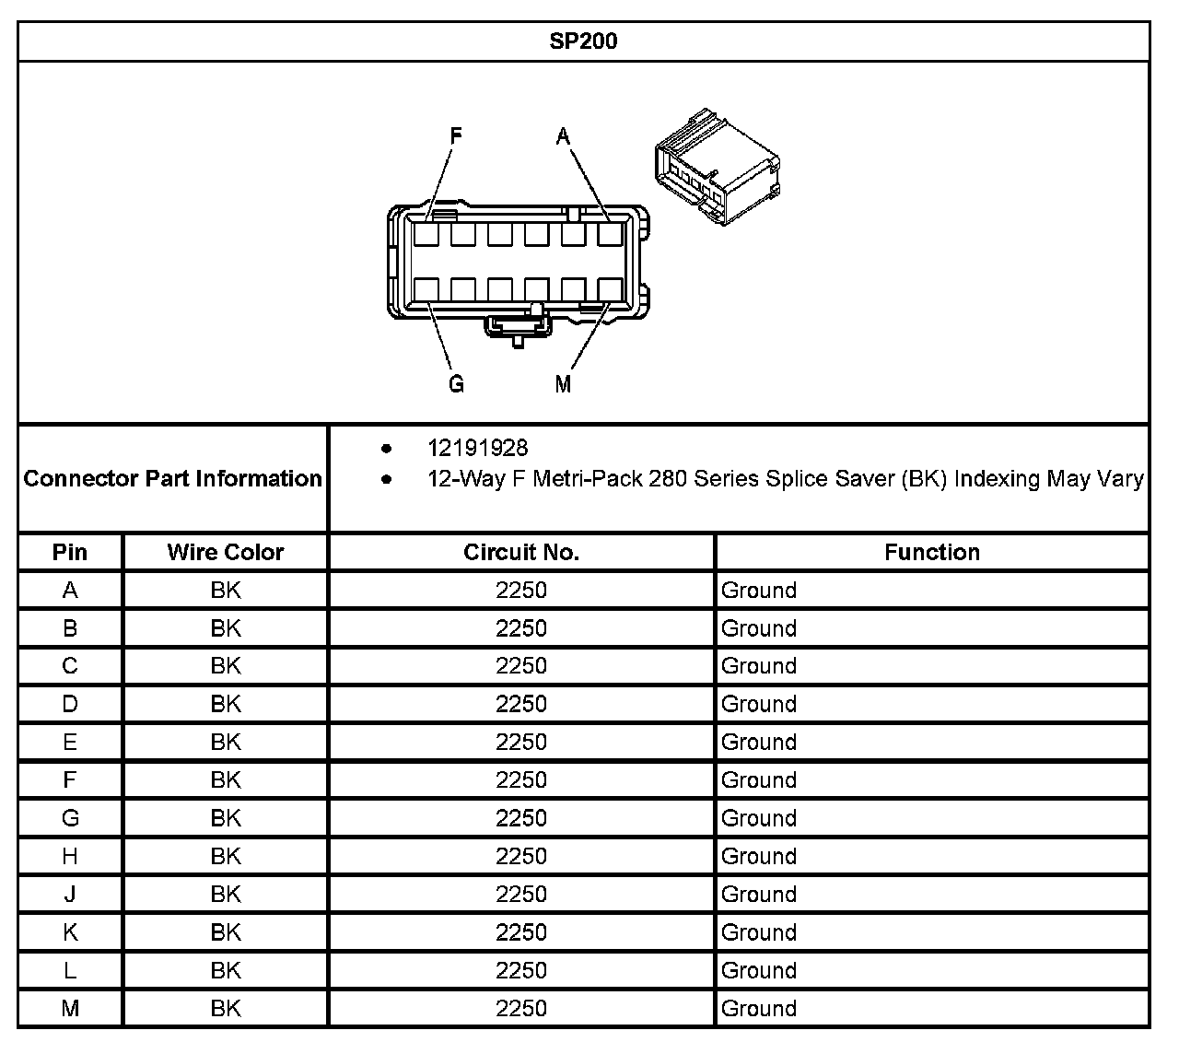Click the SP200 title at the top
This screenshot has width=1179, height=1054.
pyautogui.click(x=583, y=41)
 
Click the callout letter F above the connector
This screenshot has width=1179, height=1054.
pyautogui.click(x=456, y=136)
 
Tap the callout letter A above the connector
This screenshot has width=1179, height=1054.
pyautogui.click(x=563, y=136)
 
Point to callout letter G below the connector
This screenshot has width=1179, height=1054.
pyautogui.click(x=456, y=384)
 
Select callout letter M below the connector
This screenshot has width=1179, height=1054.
pyautogui.click(x=563, y=384)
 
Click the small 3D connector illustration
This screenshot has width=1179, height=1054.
pyautogui.click(x=716, y=166)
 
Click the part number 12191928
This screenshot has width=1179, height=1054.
pyautogui.click(x=477, y=449)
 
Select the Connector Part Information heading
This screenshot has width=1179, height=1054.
pyautogui.click(x=172, y=478)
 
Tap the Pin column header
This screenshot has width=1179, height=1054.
pyautogui.click(x=70, y=552)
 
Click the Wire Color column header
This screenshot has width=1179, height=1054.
pyautogui.click(x=225, y=552)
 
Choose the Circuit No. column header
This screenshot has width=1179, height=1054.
pyautogui.click(x=520, y=552)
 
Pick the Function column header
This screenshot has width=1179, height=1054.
pyautogui.click(x=931, y=552)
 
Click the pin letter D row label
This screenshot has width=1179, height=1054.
pyautogui.click(x=70, y=705)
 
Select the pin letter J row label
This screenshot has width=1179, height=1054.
pyautogui.click(x=70, y=895)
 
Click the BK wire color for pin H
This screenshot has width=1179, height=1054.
pyautogui.click(x=225, y=857)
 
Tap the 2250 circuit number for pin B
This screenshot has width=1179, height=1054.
pyautogui.click(x=520, y=628)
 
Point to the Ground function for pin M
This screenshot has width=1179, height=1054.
pyautogui.click(x=758, y=1009)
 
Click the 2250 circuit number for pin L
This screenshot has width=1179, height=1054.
pyautogui.click(x=520, y=971)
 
